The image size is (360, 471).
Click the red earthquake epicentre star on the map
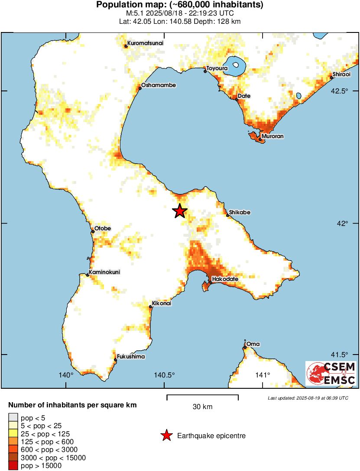point(180,211)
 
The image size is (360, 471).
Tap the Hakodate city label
point(225,279)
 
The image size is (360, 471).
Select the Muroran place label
point(272,136)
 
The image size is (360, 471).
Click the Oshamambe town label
point(159,85)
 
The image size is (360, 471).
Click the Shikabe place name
point(240,213)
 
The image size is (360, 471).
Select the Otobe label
point(103,229)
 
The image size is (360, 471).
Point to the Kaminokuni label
point(104,272)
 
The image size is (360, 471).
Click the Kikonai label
point(162,303)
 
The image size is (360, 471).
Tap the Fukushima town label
point(131,357)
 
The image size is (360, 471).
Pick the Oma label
point(253,344)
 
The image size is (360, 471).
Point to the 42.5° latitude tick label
point(340,91)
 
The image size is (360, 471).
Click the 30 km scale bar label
point(202,407)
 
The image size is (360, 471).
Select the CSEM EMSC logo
point(331,374)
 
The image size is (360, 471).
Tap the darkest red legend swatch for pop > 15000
point(13,466)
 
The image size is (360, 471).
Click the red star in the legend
point(166,436)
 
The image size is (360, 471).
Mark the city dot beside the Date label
point(237,99)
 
